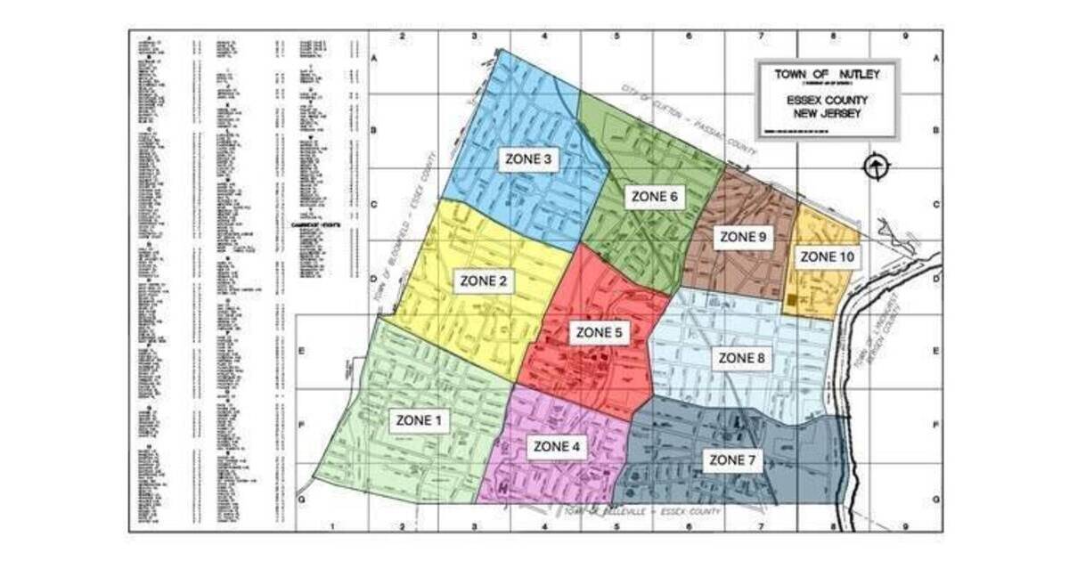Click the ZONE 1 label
pos(418,419)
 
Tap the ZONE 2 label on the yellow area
pos(483,281)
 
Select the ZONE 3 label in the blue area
pos(529,159)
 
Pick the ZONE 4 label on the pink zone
pos(556,446)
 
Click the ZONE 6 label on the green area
pos(654,196)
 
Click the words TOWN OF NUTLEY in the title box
pos(827,75)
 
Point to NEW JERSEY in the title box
pos(827,113)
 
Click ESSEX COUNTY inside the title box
pos(827,101)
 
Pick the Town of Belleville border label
pos(641,512)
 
